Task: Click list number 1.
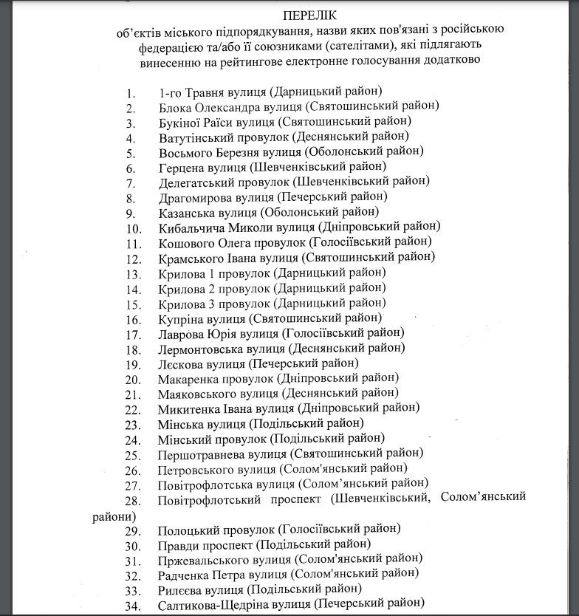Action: [x=131, y=94]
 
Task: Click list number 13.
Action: [x=133, y=273]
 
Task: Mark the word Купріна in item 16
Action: [x=181, y=319]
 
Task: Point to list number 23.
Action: [x=133, y=425]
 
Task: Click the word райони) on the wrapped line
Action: [x=114, y=516]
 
